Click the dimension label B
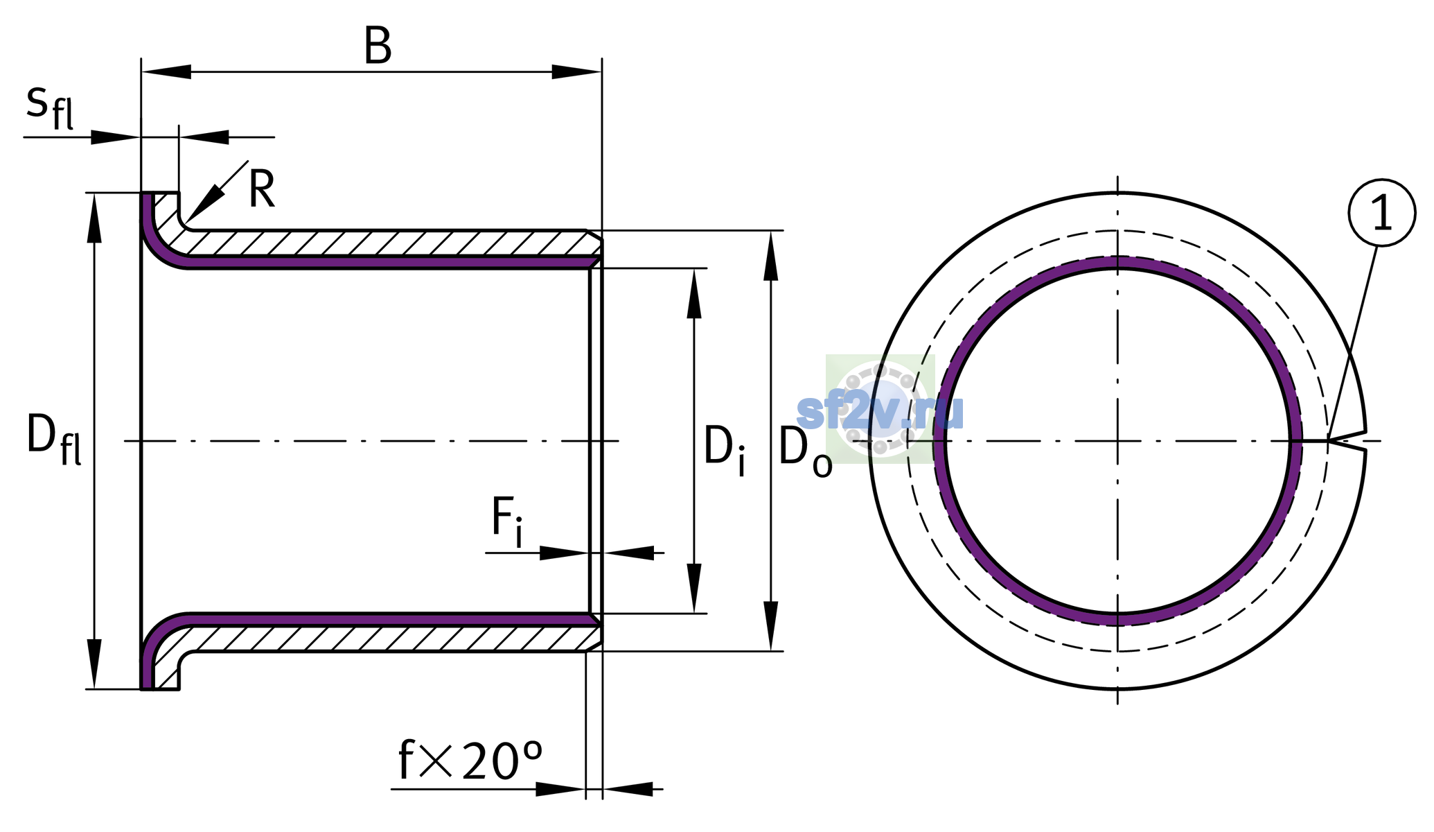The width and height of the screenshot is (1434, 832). tap(378, 47)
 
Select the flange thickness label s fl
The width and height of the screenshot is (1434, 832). tap(50, 107)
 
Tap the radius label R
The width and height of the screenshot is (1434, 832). tap(262, 189)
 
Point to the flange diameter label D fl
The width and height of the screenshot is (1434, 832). tap(54, 438)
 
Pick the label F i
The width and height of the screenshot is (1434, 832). tap(507, 521)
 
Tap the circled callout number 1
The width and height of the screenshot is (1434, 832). tap(1382, 213)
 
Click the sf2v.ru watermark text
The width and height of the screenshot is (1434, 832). tap(880, 413)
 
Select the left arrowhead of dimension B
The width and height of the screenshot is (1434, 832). tap(166, 71)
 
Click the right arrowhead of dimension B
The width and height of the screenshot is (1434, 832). tap(576, 71)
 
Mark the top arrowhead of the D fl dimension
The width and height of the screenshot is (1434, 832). tap(94, 218)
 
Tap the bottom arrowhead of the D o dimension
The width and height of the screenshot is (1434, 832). tap(770, 626)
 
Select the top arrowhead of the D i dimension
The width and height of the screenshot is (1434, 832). tap(694, 293)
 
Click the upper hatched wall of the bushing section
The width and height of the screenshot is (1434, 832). tap(388, 243)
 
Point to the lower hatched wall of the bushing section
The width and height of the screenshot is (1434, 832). tap(388, 638)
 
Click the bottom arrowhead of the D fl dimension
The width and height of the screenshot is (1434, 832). tap(94, 664)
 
